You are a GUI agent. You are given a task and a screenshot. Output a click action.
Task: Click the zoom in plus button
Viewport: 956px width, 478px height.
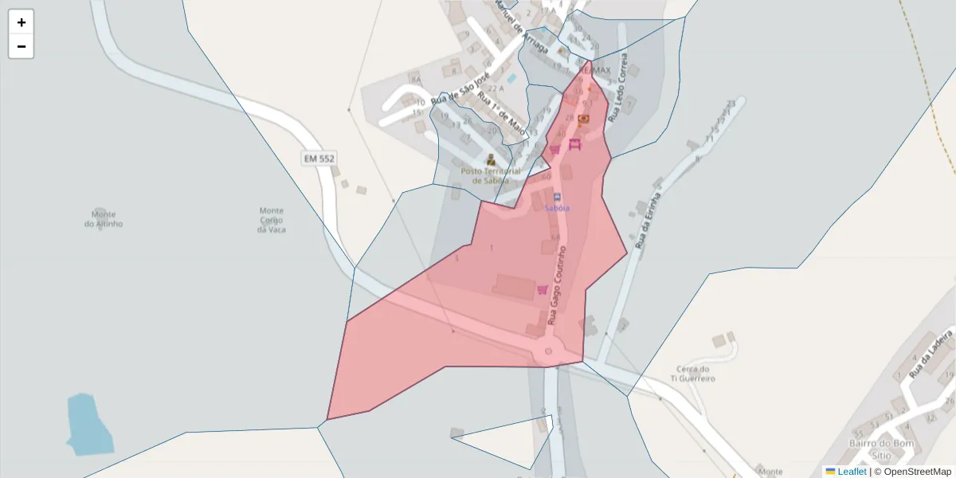coord(22,22)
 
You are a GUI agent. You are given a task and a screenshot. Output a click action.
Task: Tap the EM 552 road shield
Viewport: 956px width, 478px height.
coord(319,159)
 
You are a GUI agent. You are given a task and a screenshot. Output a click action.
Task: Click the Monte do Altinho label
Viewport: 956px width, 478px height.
coord(104,219)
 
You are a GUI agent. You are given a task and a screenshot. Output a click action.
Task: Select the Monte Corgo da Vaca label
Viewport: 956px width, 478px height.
coord(272,220)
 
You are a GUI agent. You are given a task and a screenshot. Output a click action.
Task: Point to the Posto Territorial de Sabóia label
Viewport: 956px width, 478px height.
coord(491,175)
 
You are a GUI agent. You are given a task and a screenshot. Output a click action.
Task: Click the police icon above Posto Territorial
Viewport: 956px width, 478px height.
coord(491,159)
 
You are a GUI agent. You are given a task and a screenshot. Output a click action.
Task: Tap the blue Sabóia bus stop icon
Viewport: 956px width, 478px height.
coord(557,196)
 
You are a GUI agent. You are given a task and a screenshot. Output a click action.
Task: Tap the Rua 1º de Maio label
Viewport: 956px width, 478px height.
coord(502,112)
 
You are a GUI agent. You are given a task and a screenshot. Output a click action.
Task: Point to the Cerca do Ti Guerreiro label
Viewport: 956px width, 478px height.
coord(692,374)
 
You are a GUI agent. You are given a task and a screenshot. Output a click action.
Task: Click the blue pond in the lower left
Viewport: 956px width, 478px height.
coord(86,424)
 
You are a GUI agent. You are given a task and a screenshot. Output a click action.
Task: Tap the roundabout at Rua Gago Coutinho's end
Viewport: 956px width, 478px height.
coord(548,351)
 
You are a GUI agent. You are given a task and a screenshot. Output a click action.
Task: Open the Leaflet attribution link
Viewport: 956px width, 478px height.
coord(851,472)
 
